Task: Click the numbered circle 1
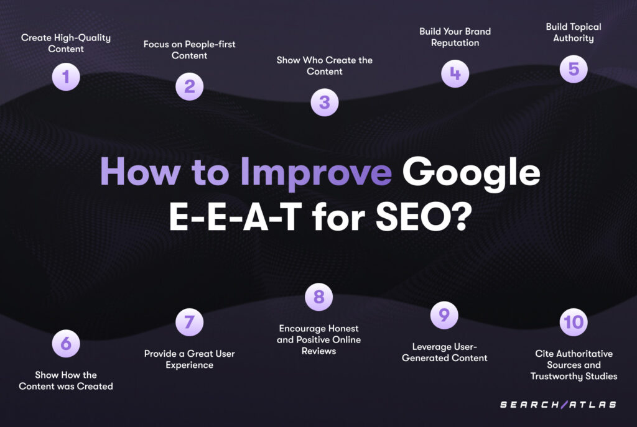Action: click(66, 76)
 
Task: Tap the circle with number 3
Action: click(325, 103)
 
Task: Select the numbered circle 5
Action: click(574, 69)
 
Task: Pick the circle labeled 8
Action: click(319, 296)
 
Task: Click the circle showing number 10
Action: click(574, 323)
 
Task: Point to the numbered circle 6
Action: click(66, 343)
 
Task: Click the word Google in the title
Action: click(472, 174)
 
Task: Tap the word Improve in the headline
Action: click(316, 174)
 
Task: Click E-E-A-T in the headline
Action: click(235, 217)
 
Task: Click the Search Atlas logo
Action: click(558, 404)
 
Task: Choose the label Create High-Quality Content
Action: click(66, 43)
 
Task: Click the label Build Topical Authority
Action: click(574, 32)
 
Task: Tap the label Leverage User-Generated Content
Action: click(444, 352)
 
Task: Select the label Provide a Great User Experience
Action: click(189, 359)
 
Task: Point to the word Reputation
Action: click(455, 43)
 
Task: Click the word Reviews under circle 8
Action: click(319, 351)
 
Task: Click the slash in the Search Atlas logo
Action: click(564, 404)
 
